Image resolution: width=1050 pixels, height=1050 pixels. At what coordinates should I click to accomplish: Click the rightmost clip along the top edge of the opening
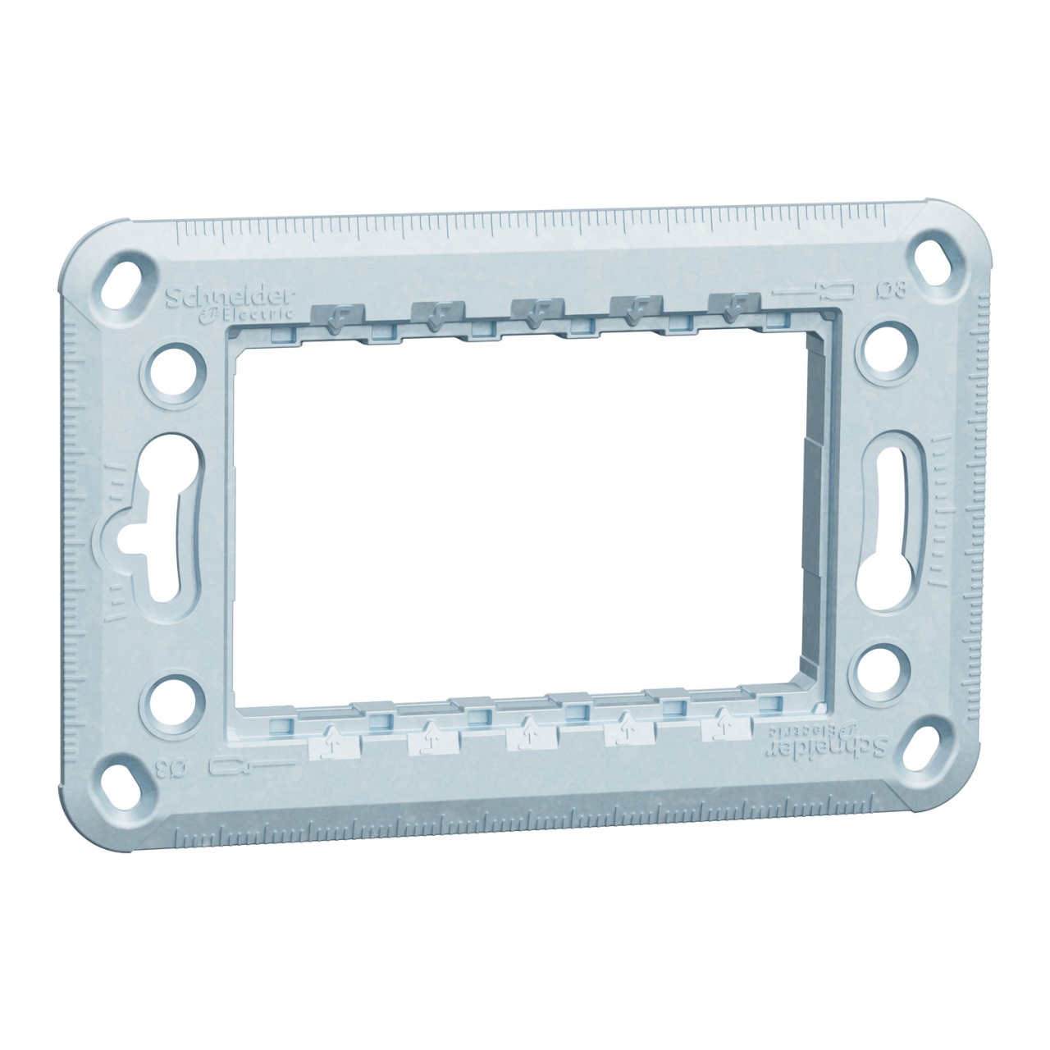click(730, 307)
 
